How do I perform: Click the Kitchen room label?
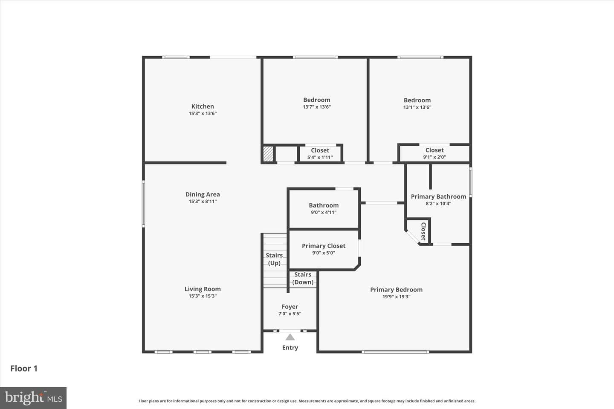[x=203, y=106]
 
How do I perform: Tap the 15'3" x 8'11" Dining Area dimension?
[x=203, y=202]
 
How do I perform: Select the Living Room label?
[x=203, y=289]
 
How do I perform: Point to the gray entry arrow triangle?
[x=290, y=337]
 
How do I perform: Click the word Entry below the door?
[x=290, y=348]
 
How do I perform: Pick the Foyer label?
[x=290, y=307]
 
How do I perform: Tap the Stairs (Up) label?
[x=274, y=259]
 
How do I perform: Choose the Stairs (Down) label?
[x=303, y=278]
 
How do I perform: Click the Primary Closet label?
[x=324, y=246]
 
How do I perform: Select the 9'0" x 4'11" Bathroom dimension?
[x=324, y=212]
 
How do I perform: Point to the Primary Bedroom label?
[x=397, y=290]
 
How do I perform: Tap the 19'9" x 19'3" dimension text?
[x=397, y=297]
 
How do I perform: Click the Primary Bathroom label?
[x=438, y=196]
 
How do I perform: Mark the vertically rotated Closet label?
[x=423, y=231]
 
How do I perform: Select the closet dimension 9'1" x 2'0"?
[x=434, y=157]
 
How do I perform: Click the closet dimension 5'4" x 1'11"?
[x=320, y=157]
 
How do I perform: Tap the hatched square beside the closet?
[x=268, y=154]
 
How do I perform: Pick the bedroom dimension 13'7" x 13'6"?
[x=316, y=107]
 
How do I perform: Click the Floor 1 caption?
[x=24, y=369]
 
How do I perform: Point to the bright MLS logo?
[x=33, y=398]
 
